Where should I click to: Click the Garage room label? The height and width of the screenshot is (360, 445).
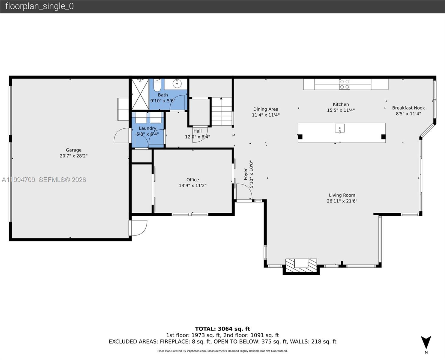[x=74, y=150]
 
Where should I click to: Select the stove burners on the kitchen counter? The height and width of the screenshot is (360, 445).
[x=345, y=84]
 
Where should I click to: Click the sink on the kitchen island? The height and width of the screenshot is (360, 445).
[x=340, y=128]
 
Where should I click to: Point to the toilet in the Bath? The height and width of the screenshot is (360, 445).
[x=157, y=85]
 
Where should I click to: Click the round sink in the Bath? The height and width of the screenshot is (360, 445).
[x=177, y=83]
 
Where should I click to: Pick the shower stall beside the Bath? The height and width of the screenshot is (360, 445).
[x=140, y=94]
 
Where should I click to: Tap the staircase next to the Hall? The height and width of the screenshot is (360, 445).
[x=222, y=111]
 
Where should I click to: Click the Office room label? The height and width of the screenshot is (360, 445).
[x=193, y=180]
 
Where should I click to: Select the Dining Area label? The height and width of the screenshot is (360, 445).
[x=266, y=109]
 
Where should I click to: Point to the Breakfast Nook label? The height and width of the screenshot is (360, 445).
[x=408, y=108]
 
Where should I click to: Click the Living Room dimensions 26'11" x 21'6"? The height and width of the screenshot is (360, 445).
[x=342, y=201]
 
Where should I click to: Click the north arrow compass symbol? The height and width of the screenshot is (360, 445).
[x=426, y=343]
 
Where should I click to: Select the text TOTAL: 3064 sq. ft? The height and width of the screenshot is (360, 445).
[x=222, y=329]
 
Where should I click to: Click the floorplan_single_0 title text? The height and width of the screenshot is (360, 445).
[x=39, y=6]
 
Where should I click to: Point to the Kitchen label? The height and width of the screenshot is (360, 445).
[x=341, y=104]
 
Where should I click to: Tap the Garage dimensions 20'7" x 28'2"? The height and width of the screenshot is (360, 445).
[x=74, y=156]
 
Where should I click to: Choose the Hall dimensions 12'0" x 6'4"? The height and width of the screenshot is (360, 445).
[x=197, y=137]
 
